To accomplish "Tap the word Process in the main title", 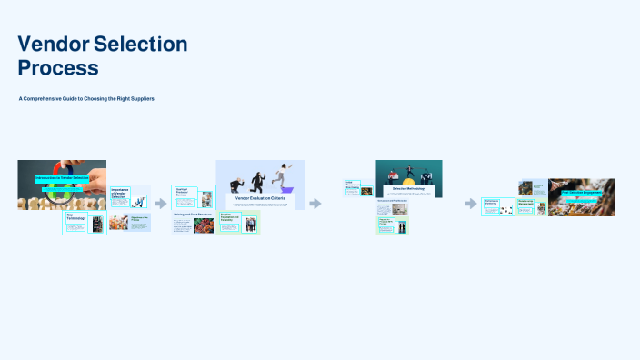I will click(x=58, y=67).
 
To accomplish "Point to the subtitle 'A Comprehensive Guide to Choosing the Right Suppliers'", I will click(x=86, y=98).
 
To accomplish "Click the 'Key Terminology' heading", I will click(x=75, y=218).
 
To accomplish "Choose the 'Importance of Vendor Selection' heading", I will click(x=119, y=193).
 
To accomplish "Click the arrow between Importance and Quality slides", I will click(x=161, y=204).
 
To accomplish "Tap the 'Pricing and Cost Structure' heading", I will click(x=192, y=215).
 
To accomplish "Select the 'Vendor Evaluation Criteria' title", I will click(x=260, y=197).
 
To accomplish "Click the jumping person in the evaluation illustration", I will click(x=286, y=173).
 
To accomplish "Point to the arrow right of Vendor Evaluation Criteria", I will click(x=315, y=204).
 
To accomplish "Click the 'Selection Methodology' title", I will click(x=408, y=188).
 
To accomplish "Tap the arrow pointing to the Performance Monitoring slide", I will click(x=472, y=204).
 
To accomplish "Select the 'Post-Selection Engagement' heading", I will click(x=581, y=193).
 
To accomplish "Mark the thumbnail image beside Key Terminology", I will click(x=97, y=223).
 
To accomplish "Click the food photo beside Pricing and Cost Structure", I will click(x=204, y=225).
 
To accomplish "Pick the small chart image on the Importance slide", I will click(x=141, y=201).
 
